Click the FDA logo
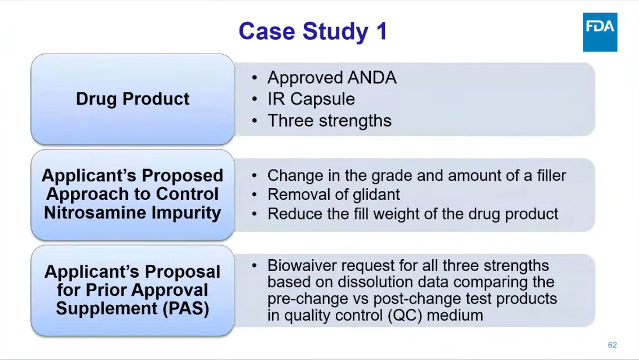pyautogui.click(x=600, y=32)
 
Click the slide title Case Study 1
pyautogui.click(x=313, y=32)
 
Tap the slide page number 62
pyautogui.click(x=612, y=345)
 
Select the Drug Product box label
pyautogui.click(x=132, y=99)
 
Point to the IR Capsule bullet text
pyautogui.click(x=311, y=99)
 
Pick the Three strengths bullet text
pyautogui.click(x=329, y=121)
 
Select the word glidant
pyautogui.click(x=376, y=195)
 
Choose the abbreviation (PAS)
pyautogui.click(x=186, y=308)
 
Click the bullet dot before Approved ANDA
pyautogui.click(x=254, y=77)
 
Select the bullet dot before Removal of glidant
pyautogui.click(x=254, y=195)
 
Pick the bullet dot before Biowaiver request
pyautogui.click(x=254, y=265)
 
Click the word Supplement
pyautogui.click(x=106, y=308)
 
